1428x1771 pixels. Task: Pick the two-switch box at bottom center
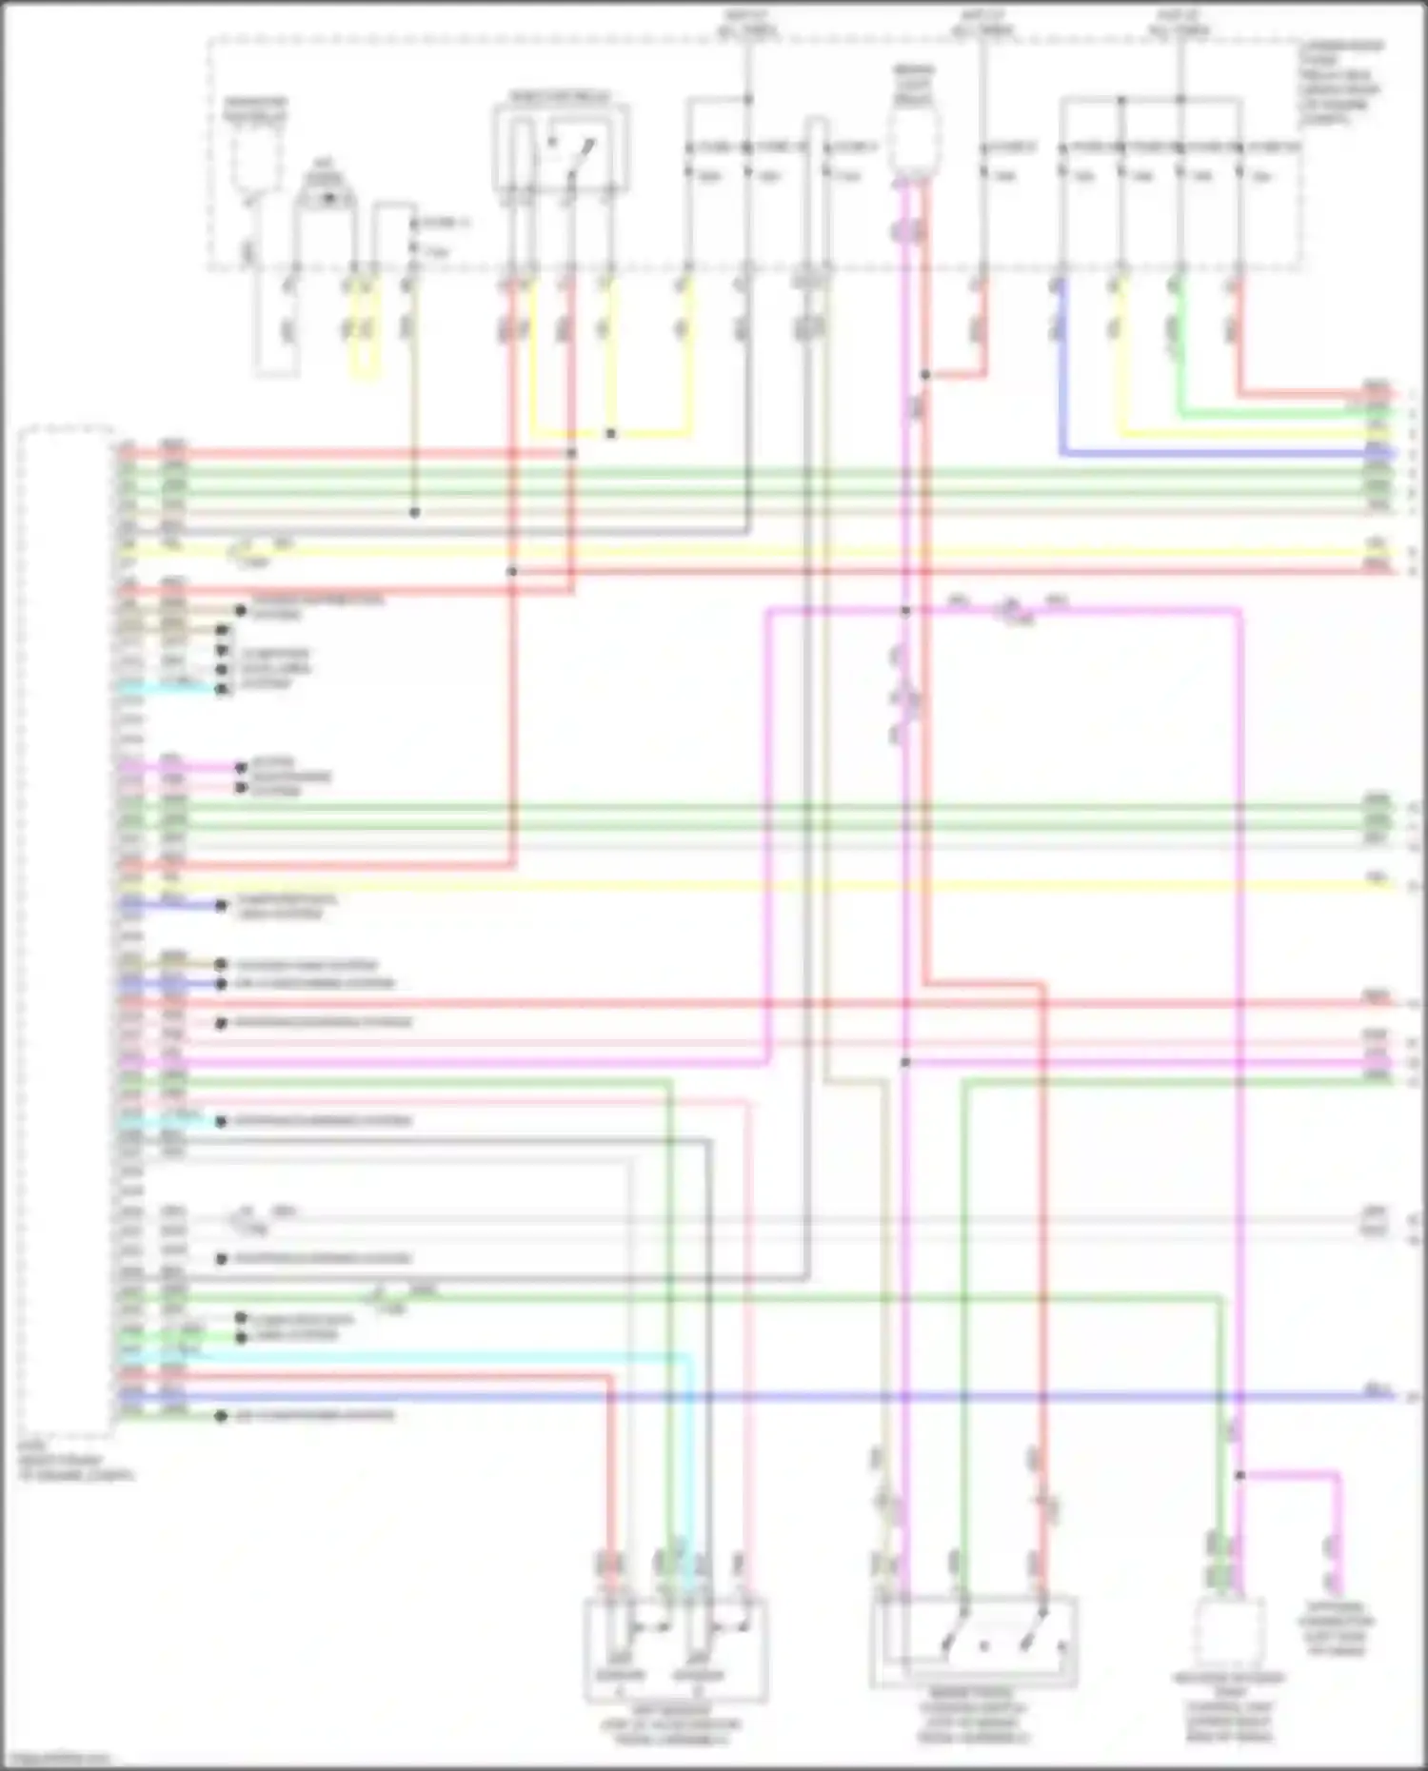[974, 1643]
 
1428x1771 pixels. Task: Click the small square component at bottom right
[1230, 1631]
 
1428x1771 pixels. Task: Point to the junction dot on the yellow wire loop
[610, 434]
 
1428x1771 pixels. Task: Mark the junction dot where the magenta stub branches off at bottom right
[1240, 1475]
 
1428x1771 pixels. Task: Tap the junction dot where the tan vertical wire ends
[414, 512]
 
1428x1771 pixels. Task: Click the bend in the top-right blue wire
[1061, 453]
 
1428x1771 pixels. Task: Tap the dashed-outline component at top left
[252, 152]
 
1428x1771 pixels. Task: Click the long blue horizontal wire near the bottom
[762, 1398]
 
